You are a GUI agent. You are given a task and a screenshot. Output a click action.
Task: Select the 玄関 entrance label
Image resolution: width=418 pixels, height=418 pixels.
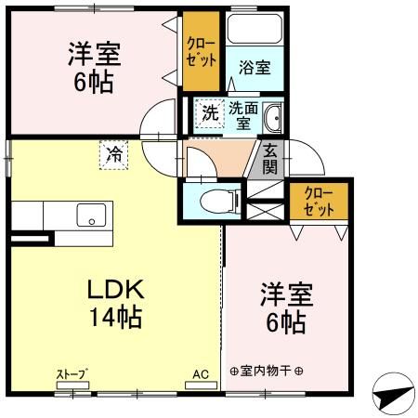(269, 160)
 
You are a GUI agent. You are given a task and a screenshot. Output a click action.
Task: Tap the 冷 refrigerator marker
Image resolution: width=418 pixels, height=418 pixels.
(114, 151)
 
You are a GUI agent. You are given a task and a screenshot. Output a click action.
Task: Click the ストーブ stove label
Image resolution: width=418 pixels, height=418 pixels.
(72, 373)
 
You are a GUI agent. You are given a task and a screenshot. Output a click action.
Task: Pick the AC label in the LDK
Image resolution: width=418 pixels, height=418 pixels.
(201, 373)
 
